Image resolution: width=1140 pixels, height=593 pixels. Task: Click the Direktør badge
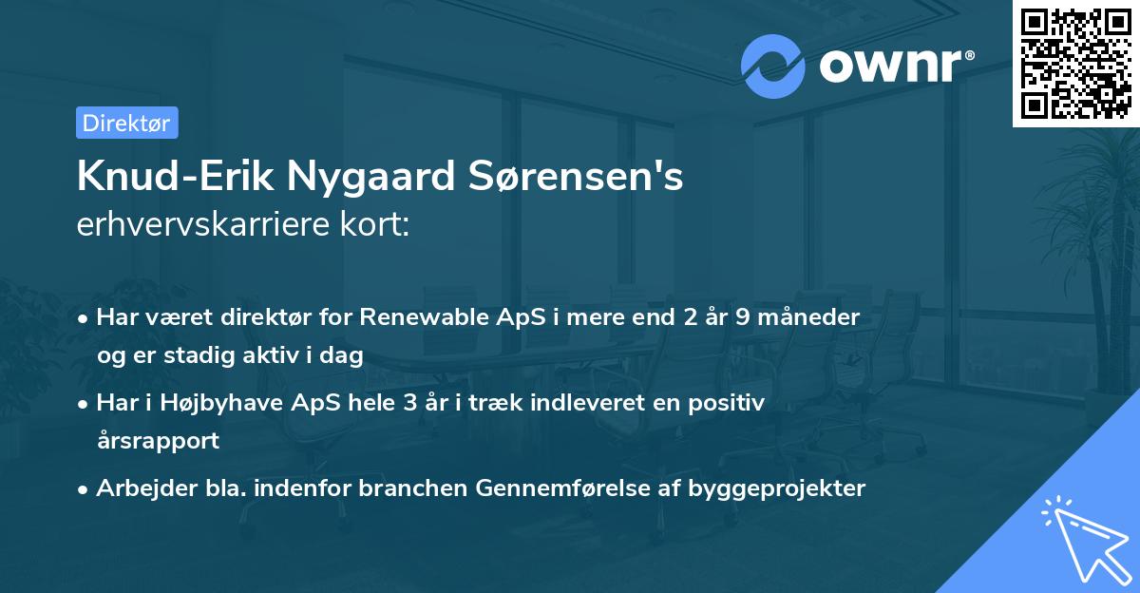pyautogui.click(x=126, y=123)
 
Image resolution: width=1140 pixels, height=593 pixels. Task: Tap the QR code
pyautogui.click(x=1075, y=63)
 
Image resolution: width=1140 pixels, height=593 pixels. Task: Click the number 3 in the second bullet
pyautogui.click(x=410, y=403)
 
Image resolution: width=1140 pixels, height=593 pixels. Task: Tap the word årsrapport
pyautogui.click(x=158, y=440)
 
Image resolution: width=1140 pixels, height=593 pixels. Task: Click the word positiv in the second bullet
pyautogui.click(x=731, y=403)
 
